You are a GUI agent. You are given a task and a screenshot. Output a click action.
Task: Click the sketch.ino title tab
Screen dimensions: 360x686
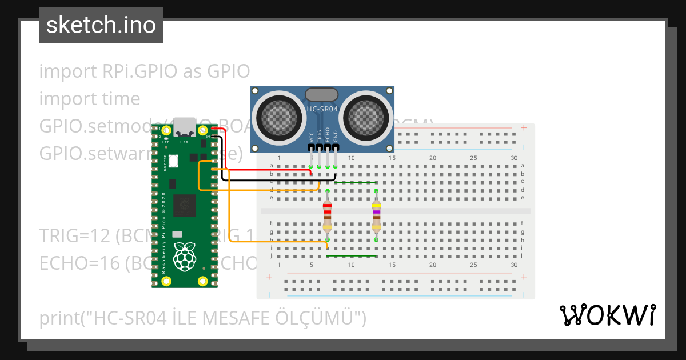point(101,25)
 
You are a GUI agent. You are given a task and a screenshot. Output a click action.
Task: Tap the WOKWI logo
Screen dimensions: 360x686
point(607,315)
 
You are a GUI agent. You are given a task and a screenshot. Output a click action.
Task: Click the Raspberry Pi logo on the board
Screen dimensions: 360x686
point(185,257)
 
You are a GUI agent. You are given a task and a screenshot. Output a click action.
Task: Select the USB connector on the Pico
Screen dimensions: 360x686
point(184,125)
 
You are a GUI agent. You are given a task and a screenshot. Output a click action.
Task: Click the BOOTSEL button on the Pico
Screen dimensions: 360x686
point(173,161)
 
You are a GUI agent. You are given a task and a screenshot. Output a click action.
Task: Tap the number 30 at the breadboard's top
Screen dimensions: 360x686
point(514,158)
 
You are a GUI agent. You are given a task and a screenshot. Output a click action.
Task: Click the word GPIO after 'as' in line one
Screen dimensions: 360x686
point(229,72)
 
